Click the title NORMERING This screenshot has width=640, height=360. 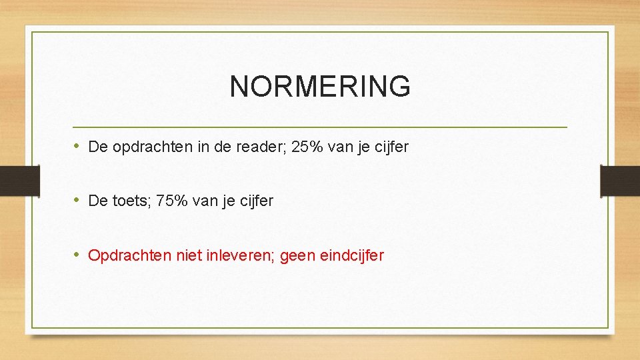point(320,87)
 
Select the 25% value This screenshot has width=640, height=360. point(309,147)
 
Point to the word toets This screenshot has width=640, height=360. point(130,201)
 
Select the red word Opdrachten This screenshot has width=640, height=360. point(129,256)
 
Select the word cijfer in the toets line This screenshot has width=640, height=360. point(254,201)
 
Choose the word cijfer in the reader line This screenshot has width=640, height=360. point(389,147)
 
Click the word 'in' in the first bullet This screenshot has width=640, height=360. point(203,147)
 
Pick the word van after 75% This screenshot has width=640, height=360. point(205,201)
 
